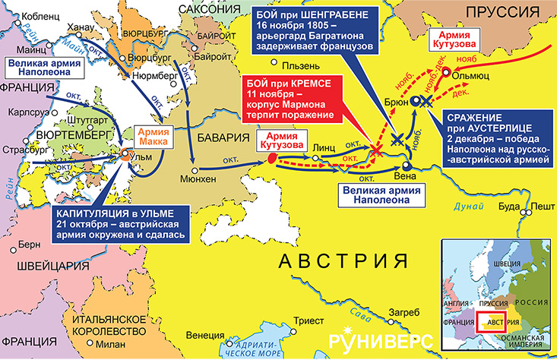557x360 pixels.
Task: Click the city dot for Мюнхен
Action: [x=195, y=171]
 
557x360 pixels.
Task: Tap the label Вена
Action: [x=405, y=176]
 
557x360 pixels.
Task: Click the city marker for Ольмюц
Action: [x=446, y=72]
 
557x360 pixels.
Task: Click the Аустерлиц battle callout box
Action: [x=498, y=139]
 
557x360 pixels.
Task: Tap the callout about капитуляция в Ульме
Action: [x=121, y=224]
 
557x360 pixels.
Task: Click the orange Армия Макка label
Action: [x=153, y=137]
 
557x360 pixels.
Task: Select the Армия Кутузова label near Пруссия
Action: [x=454, y=39]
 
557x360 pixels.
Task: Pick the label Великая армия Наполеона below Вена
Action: [x=381, y=195]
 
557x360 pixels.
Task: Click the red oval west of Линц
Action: [x=272, y=158]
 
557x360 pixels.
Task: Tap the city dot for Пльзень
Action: [x=274, y=62]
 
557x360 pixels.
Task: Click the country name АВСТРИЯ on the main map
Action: [x=343, y=261]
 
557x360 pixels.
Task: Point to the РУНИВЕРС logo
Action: [x=381, y=340]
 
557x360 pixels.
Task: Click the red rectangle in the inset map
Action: [x=491, y=322]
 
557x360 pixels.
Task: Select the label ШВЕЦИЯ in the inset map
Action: [x=507, y=264]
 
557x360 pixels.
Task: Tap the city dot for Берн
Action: [x=14, y=250]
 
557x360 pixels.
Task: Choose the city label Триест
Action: [x=309, y=321]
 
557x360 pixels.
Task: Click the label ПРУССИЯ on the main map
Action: [x=502, y=12]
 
